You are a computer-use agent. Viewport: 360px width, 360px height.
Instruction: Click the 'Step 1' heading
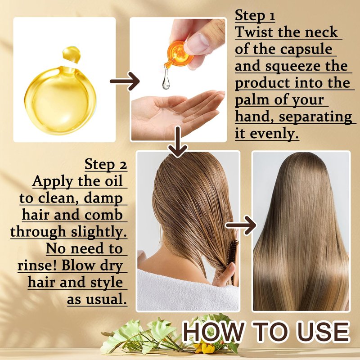(255, 16)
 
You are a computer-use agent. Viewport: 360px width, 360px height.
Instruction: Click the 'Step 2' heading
(106, 165)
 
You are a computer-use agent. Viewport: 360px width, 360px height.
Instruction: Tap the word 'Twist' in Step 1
(254, 32)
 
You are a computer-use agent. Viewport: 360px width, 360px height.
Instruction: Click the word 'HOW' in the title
(213, 332)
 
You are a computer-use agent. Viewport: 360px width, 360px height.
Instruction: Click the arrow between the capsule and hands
(125, 81)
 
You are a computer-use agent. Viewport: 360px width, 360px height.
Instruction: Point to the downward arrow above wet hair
(178, 142)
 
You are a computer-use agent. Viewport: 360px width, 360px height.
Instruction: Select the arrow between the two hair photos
(241, 225)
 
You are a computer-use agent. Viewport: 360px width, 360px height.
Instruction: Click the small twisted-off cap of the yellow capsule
(72, 54)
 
